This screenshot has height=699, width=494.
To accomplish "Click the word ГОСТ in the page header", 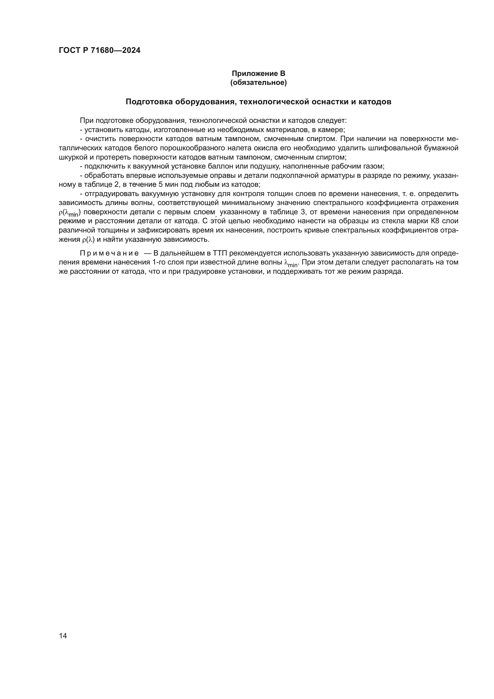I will pyautogui.click(x=69, y=51).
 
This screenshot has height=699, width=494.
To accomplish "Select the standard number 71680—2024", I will pyautogui.click(x=116, y=51).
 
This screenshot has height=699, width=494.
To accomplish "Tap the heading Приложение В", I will pyautogui.click(x=258, y=74).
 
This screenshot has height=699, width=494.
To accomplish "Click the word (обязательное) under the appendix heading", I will pyautogui.click(x=258, y=82).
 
